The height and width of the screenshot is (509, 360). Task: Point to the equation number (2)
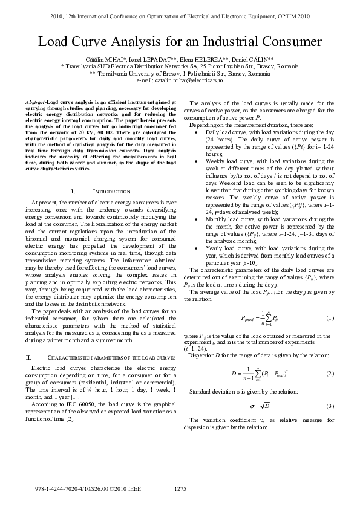click(x=330, y=374)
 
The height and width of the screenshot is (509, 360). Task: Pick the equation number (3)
click(x=330, y=405)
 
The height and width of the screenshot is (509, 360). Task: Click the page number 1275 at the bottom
click(x=180, y=488)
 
